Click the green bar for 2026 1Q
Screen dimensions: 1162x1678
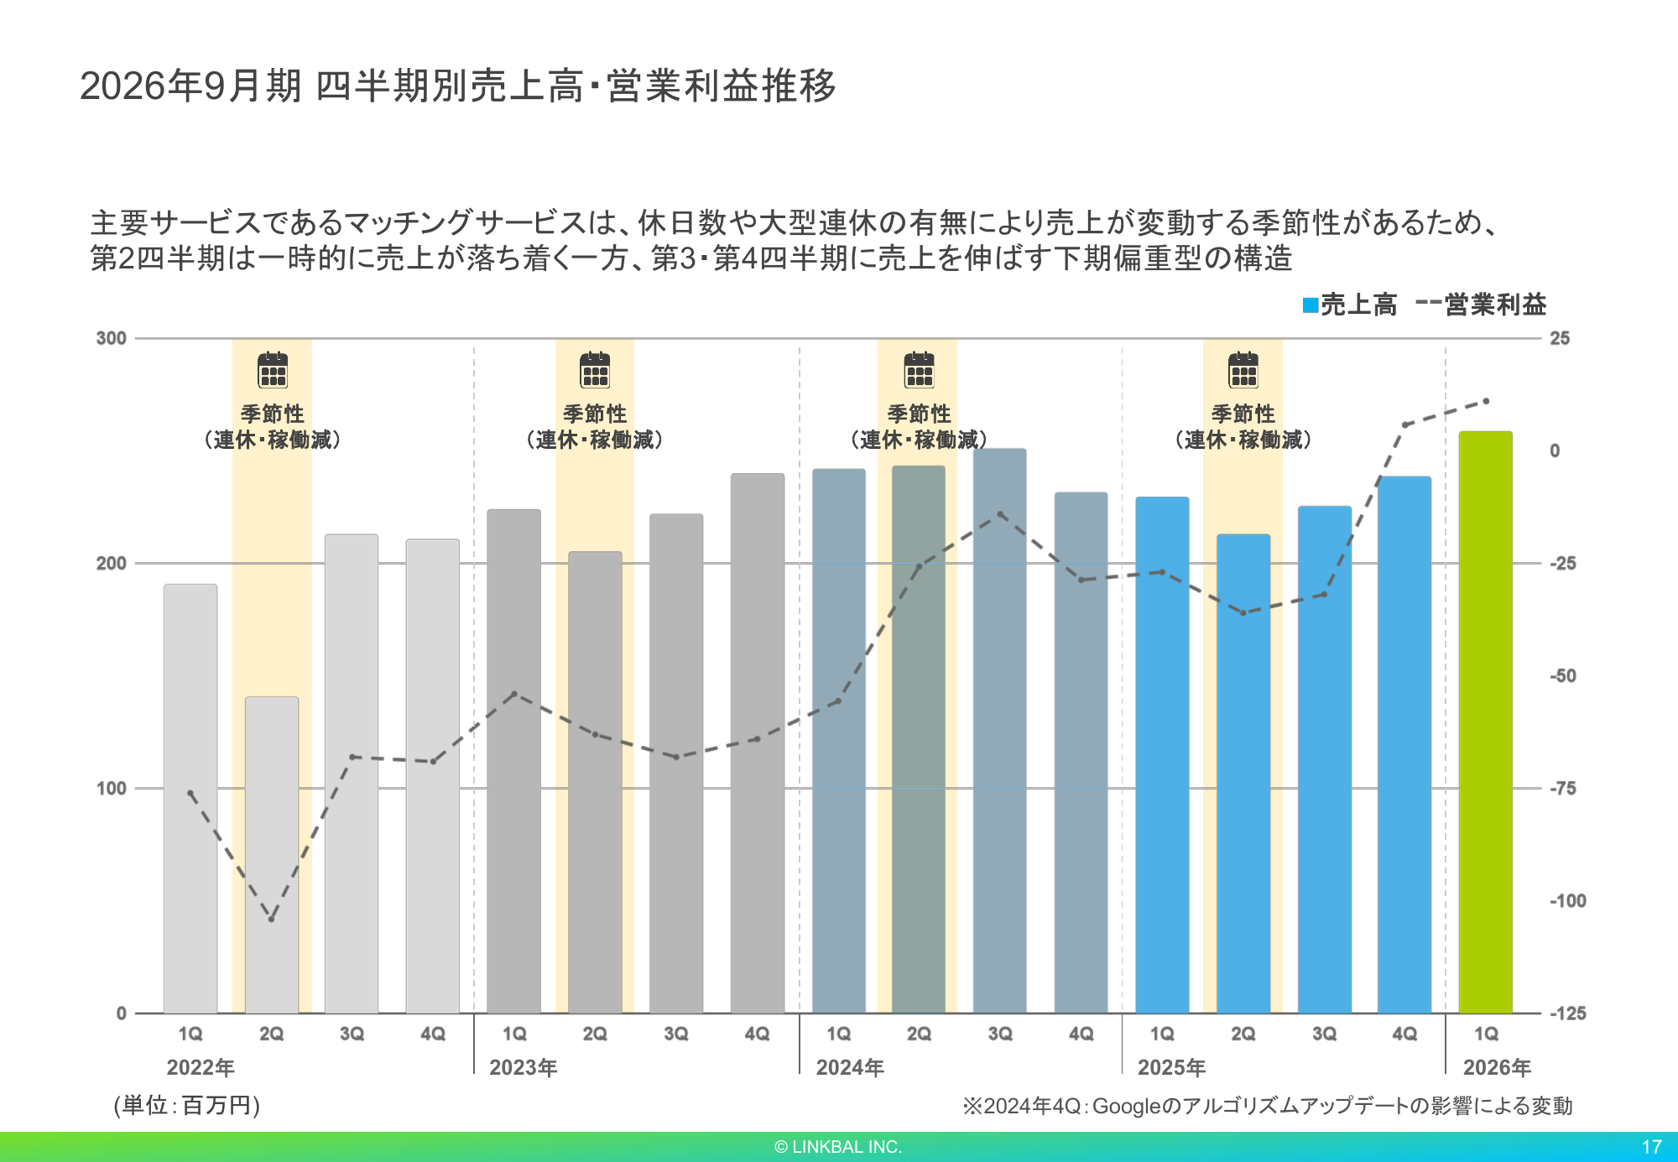click(x=1485, y=722)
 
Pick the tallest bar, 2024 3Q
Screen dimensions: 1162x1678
click(x=999, y=730)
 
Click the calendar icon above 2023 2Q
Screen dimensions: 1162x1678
click(x=595, y=370)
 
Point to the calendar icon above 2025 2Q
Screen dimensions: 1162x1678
click(x=1243, y=370)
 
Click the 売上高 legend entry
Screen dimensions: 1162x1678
click(x=1350, y=305)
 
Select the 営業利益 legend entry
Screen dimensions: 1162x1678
click(x=1482, y=305)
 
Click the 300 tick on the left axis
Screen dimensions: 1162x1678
click(x=111, y=338)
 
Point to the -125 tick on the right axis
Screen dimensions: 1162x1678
click(x=1566, y=1013)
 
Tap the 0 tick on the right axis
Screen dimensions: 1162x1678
click(x=1555, y=451)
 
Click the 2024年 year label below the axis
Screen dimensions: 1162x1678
click(x=850, y=1067)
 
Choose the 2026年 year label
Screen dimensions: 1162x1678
click(x=1497, y=1067)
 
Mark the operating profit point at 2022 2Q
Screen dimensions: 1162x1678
click(x=271, y=919)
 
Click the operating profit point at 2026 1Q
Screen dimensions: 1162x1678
click(x=1486, y=401)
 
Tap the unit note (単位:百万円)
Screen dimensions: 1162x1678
click(x=187, y=1106)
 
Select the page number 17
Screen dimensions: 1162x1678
click(x=1651, y=1147)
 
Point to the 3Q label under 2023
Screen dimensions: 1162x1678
click(x=675, y=1034)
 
